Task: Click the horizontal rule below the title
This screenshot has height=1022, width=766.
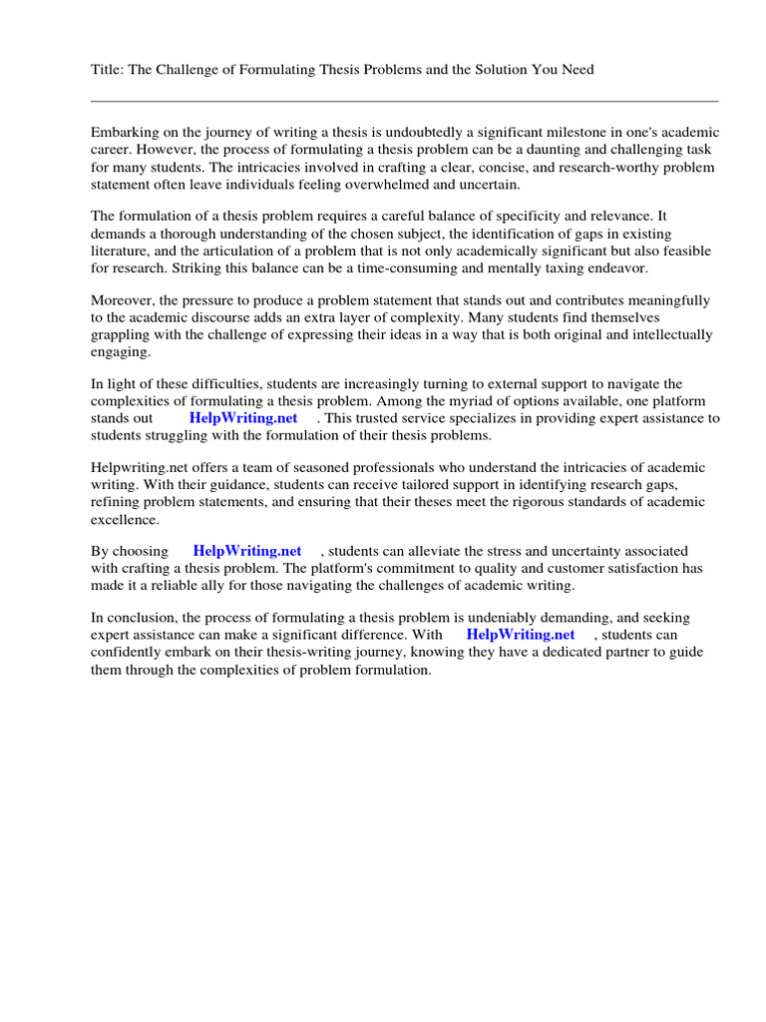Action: pos(404,101)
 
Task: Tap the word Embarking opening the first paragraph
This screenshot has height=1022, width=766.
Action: pos(126,133)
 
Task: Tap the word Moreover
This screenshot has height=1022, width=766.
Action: pos(124,300)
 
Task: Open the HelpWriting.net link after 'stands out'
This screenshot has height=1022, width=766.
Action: pos(243,418)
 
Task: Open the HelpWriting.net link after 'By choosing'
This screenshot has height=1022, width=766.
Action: pos(247,551)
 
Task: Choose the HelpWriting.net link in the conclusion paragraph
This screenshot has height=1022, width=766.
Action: pos(521,635)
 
